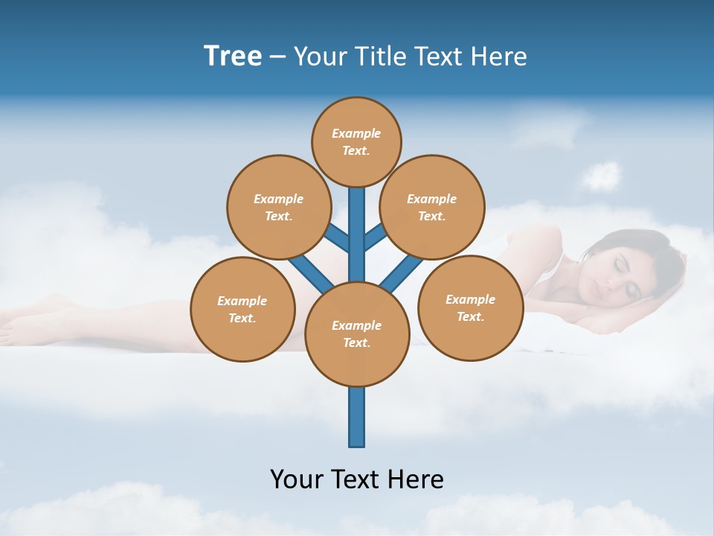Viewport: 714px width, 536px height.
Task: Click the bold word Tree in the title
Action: [233, 56]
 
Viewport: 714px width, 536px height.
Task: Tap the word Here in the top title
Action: [498, 57]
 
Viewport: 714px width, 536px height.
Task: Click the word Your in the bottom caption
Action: [297, 479]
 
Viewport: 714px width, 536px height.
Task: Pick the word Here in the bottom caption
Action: [414, 479]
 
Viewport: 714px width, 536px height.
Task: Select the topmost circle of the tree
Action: [356, 141]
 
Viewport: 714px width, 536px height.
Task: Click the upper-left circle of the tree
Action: [278, 207]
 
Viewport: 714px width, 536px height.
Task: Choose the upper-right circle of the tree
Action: [432, 207]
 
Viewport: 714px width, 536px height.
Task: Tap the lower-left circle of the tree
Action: [242, 309]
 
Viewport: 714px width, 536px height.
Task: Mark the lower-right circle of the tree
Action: [470, 307]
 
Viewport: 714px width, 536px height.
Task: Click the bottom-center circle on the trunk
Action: [357, 334]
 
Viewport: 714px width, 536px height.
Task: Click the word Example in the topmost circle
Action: [356, 134]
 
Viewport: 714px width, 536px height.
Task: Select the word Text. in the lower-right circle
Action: [470, 316]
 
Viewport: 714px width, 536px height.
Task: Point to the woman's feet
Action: [22, 320]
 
